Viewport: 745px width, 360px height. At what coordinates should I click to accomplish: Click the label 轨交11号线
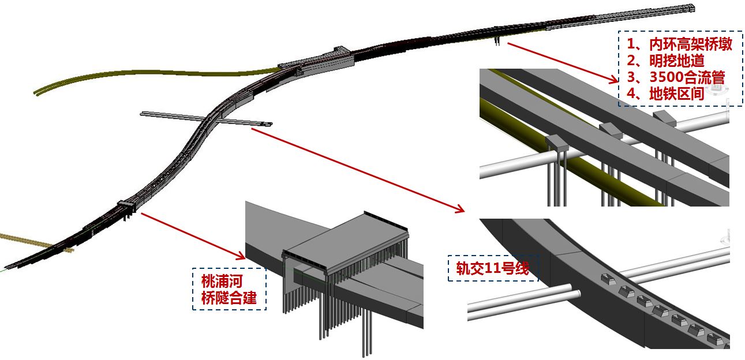pyautogui.click(x=493, y=268)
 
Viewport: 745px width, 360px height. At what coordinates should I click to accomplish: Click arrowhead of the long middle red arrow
pyautogui.click(x=459, y=209)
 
